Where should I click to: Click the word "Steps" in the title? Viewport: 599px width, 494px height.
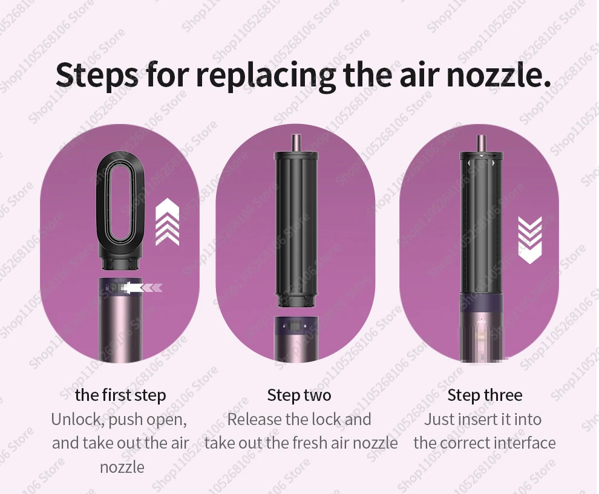[x=97, y=75]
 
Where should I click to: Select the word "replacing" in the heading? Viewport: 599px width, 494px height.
[x=266, y=76]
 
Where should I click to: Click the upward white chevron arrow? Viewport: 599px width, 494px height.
[x=168, y=222]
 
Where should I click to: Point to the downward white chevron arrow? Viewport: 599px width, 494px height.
[x=530, y=240]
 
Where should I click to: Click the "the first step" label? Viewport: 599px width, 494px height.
[x=121, y=395]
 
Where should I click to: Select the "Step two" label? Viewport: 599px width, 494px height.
[x=299, y=395]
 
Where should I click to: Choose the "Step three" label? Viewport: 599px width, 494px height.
[x=485, y=395]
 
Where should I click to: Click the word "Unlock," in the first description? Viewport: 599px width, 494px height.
[x=78, y=420]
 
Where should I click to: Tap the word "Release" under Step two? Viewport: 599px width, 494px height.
[x=254, y=419]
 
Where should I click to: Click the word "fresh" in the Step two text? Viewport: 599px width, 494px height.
[x=310, y=443]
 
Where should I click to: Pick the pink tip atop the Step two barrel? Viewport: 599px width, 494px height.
[x=296, y=143]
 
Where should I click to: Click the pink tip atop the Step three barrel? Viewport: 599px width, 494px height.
[x=481, y=143]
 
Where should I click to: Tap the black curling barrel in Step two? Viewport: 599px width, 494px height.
[x=296, y=229]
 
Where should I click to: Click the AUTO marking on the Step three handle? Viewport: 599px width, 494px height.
[x=481, y=322]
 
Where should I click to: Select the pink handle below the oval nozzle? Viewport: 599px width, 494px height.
[x=120, y=319]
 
